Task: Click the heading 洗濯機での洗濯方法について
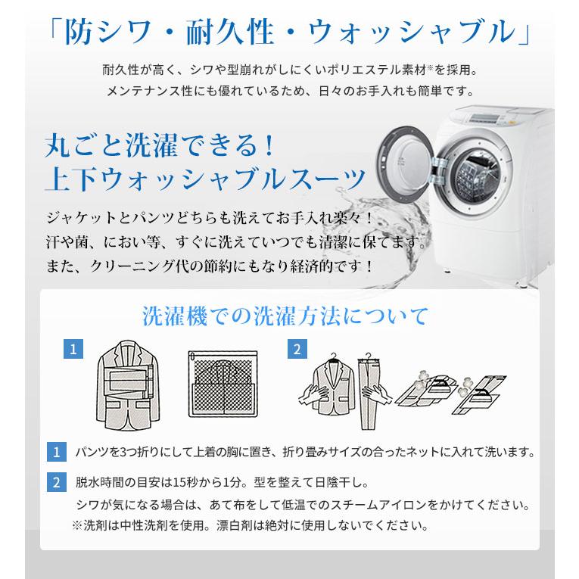tap(285, 315)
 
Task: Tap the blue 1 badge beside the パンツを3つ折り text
tap(55, 453)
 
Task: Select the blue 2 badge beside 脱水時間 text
tap(55, 482)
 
